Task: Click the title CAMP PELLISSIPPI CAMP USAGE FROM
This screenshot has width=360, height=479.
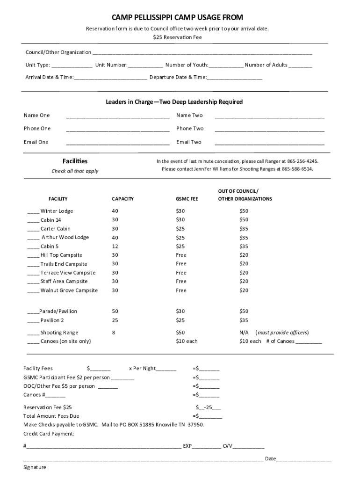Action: (x=177, y=18)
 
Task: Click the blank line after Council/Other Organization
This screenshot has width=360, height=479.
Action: (x=202, y=52)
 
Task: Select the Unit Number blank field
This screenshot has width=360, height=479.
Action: (x=145, y=65)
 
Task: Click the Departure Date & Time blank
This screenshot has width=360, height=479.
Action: (x=234, y=78)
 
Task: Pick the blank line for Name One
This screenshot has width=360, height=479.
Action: (x=118, y=116)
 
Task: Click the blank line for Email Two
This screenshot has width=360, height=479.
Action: (x=269, y=143)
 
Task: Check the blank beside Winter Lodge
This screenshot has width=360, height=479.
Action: (x=33, y=211)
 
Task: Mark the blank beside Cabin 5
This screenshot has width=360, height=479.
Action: (x=33, y=247)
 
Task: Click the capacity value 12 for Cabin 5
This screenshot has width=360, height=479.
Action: (x=115, y=247)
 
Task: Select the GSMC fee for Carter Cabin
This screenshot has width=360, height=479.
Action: (x=180, y=229)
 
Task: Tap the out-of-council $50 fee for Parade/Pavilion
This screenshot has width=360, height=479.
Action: (x=244, y=312)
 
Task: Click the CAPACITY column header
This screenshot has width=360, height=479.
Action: (x=122, y=199)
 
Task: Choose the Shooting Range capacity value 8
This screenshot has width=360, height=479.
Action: (x=114, y=333)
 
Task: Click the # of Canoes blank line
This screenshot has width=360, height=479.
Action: (x=309, y=342)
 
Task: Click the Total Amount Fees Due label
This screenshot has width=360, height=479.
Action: (x=51, y=416)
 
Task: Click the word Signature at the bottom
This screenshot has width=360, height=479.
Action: (x=35, y=468)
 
